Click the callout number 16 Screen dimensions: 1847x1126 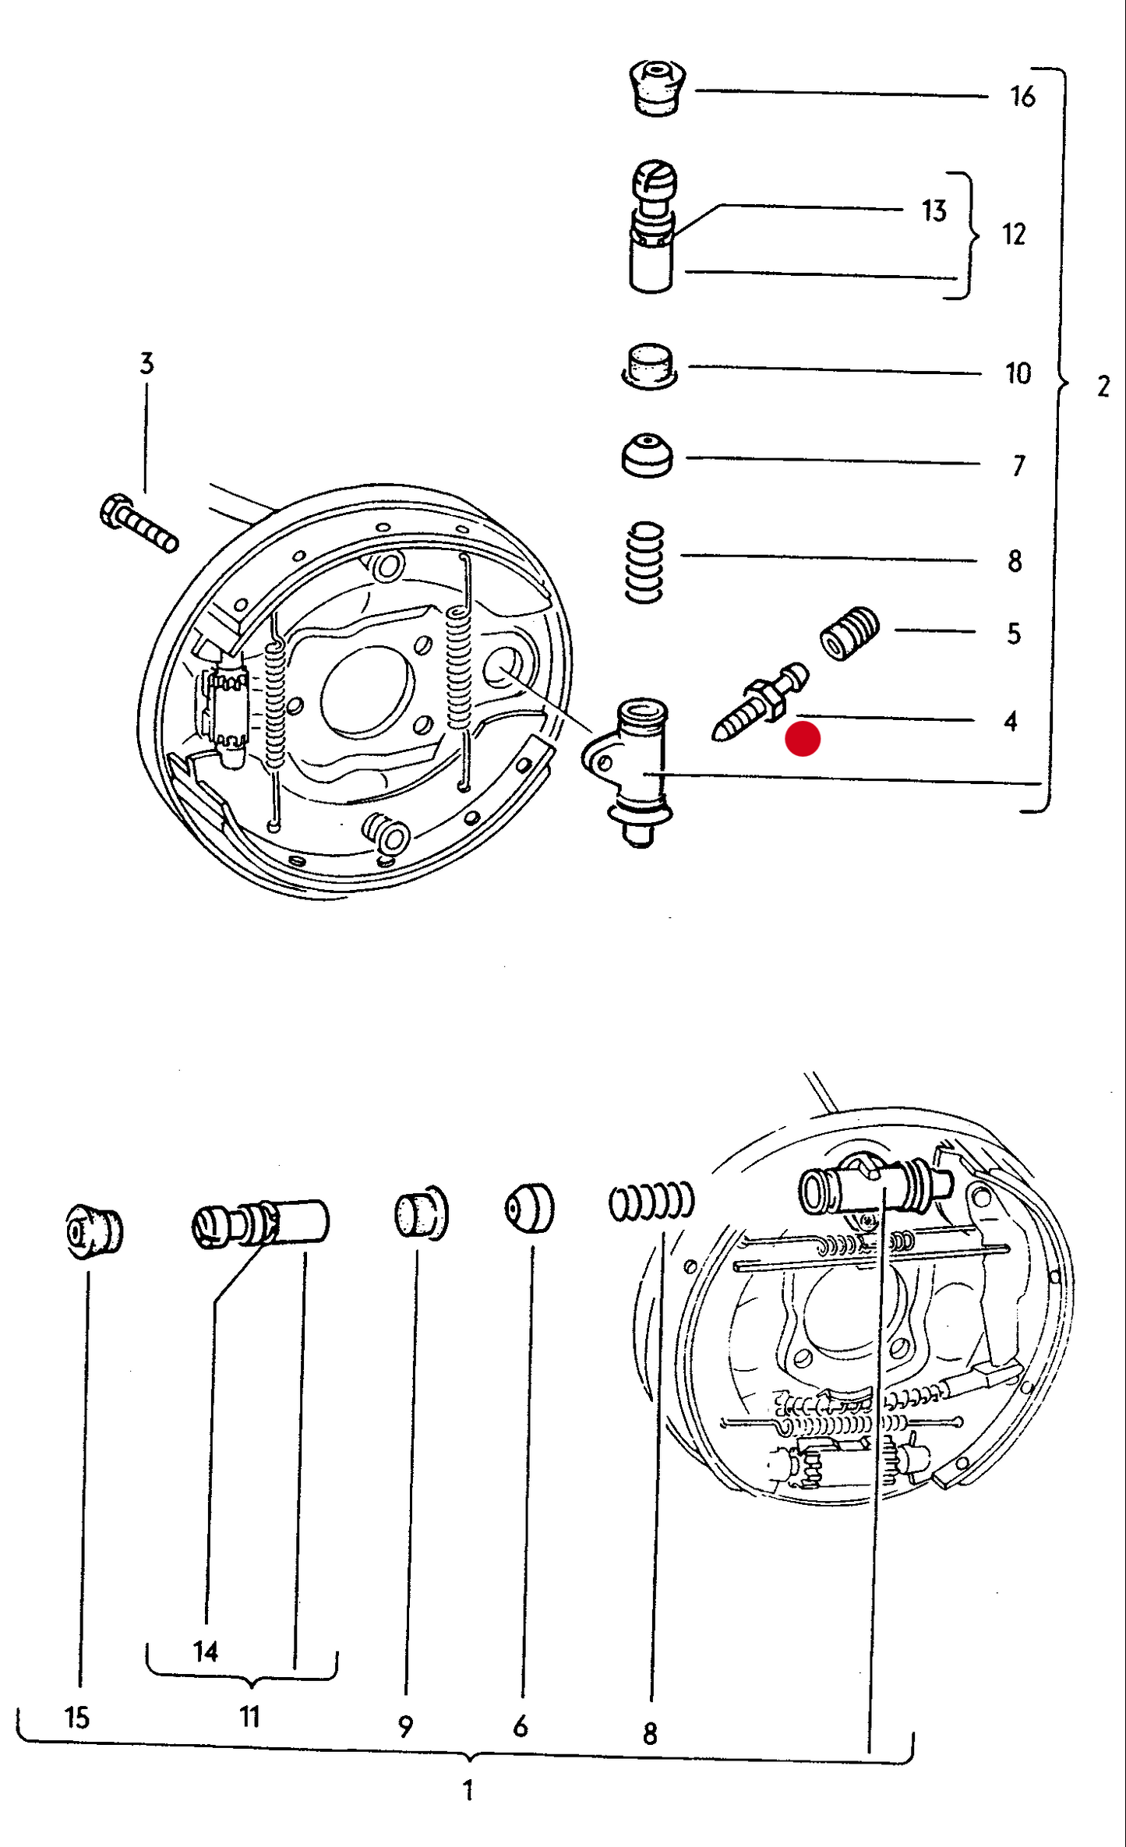(x=1022, y=97)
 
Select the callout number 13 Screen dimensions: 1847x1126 (x=934, y=210)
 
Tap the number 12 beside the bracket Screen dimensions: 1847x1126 (x=1013, y=235)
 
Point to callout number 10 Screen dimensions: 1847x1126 (x=1018, y=373)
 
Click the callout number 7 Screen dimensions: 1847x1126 (x=1018, y=465)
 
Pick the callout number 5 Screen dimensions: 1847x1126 (x=1013, y=634)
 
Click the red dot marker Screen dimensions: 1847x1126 (x=803, y=739)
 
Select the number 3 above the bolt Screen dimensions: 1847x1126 (x=146, y=363)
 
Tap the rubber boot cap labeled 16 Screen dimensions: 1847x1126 (x=657, y=88)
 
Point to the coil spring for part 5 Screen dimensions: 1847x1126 (x=849, y=632)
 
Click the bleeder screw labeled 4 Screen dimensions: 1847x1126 (x=760, y=701)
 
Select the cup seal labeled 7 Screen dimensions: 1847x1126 (x=647, y=455)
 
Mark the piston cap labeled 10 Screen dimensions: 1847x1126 (x=649, y=366)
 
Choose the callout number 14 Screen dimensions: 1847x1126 (x=205, y=1651)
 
